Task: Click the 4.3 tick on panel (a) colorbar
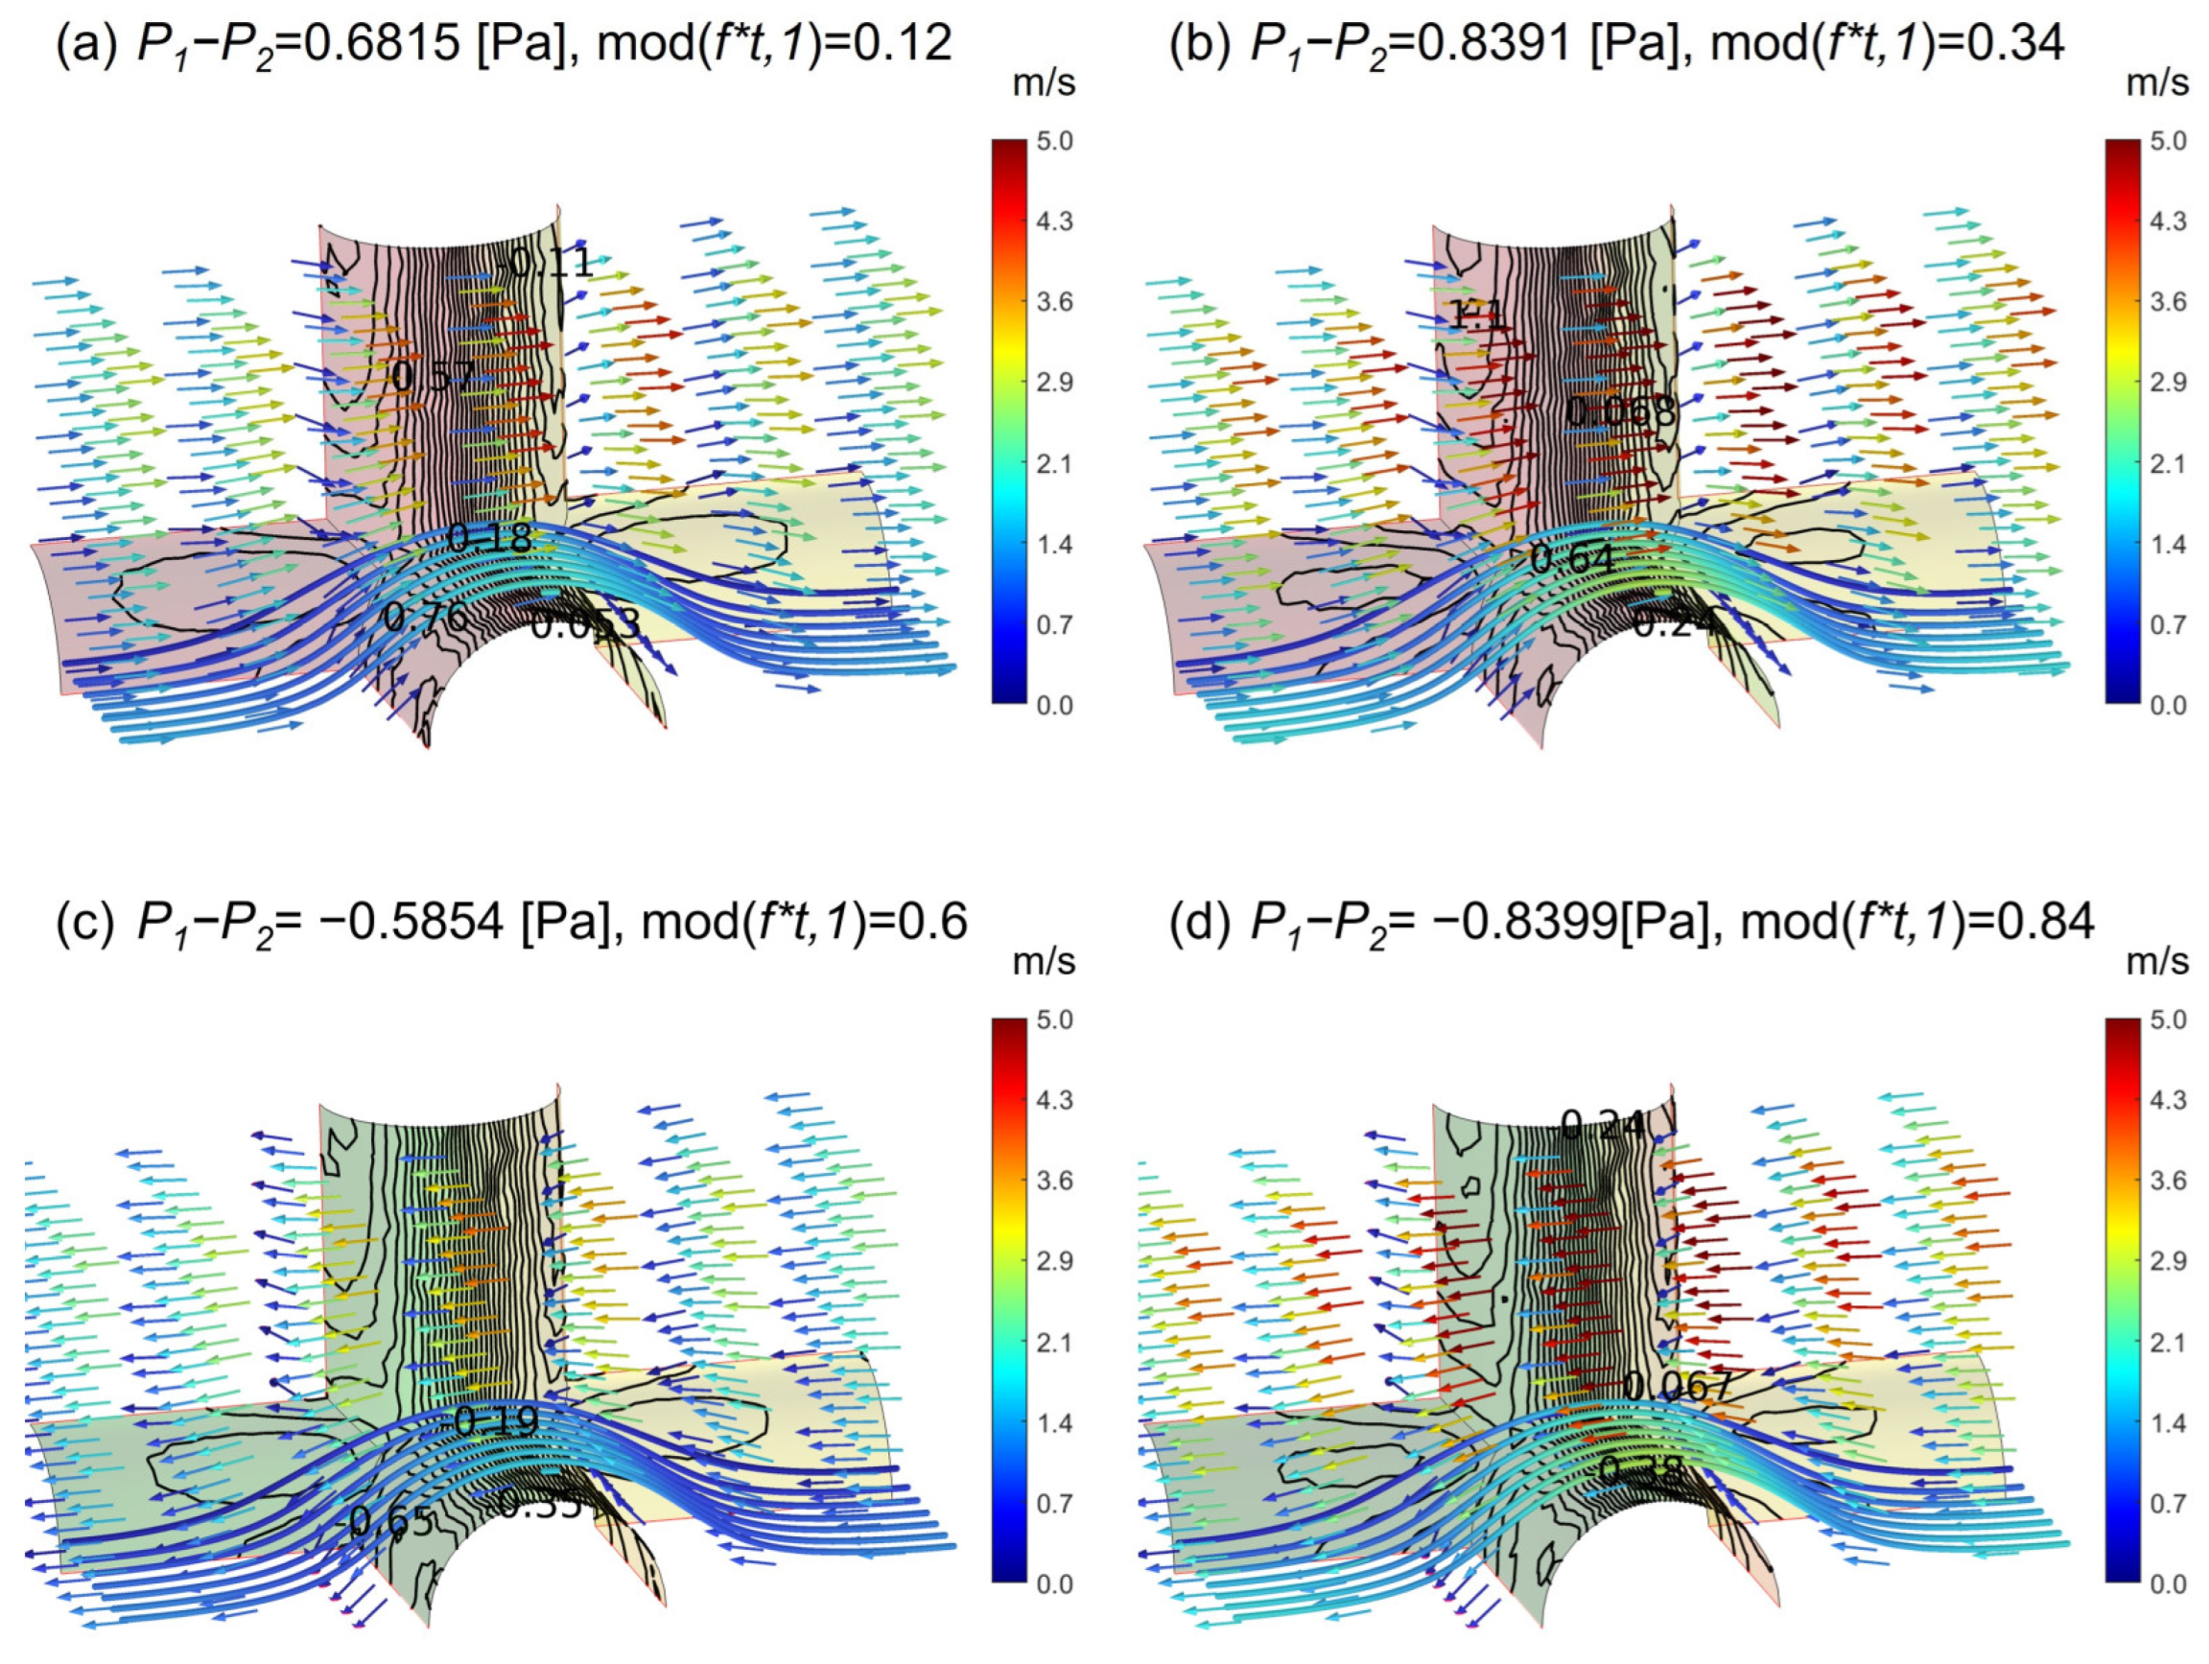click(x=1054, y=222)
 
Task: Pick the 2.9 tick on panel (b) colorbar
click(x=2168, y=384)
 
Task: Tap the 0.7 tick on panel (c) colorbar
click(x=1054, y=1503)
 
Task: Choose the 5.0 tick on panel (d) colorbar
click(x=2168, y=1019)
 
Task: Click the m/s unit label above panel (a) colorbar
click(x=1044, y=83)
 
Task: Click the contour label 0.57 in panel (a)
click(x=433, y=377)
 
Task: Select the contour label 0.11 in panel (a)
click(x=552, y=264)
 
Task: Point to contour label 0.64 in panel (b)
click(x=1572, y=558)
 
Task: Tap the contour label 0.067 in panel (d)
click(x=1677, y=1386)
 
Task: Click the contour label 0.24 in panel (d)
click(x=1602, y=1127)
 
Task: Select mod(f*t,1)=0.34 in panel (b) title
click(x=1888, y=44)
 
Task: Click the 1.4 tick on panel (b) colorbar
click(x=2168, y=545)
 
